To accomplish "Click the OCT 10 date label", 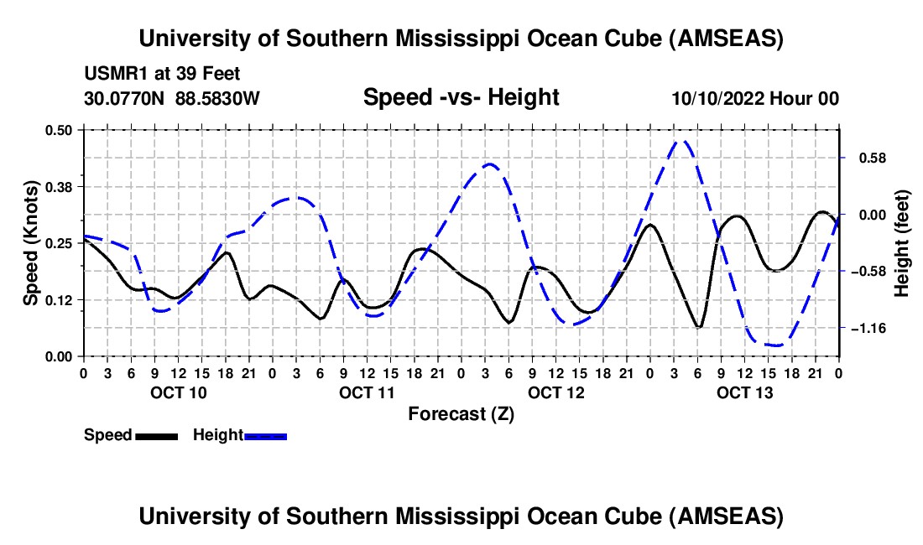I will point(178,392).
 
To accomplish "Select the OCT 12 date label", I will point(555,392).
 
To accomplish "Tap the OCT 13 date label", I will point(744,392).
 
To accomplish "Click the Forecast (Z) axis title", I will point(461,414).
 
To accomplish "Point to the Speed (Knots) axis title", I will point(31,243).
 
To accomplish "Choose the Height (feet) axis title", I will point(902,243).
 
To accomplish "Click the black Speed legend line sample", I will point(155,436).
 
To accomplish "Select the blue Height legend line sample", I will point(265,436).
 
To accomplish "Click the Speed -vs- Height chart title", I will point(461,98).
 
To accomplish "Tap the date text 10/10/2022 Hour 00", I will point(755,99).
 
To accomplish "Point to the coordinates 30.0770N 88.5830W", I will point(172,99).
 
